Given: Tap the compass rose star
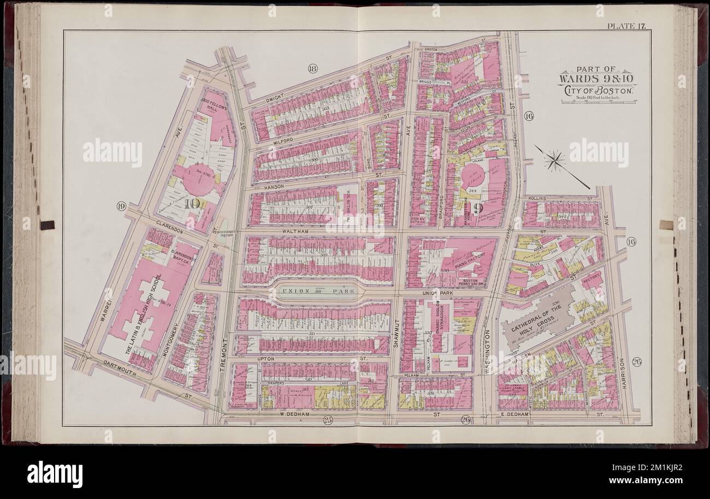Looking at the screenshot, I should tap(555, 160).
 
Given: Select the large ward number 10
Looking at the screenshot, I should tap(191, 205).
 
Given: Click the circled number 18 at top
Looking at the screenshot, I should tap(312, 69).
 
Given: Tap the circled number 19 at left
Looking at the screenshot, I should tap(121, 206).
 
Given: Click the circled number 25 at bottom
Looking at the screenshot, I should tap(327, 419).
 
